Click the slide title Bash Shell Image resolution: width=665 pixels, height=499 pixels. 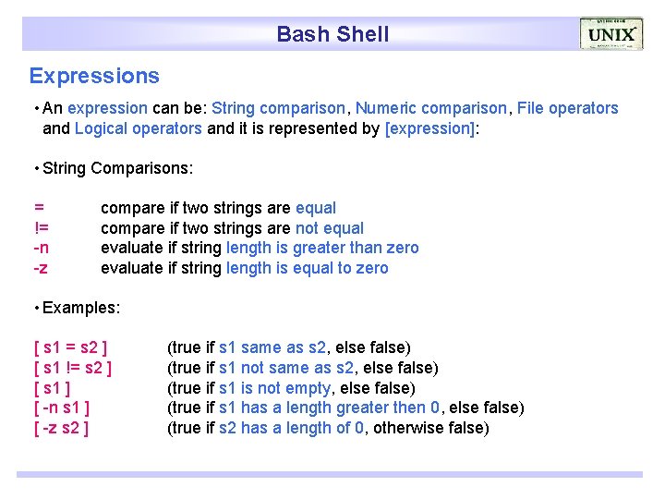(x=332, y=35)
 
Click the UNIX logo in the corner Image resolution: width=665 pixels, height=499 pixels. (x=611, y=34)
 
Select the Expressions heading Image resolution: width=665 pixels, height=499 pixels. (x=94, y=76)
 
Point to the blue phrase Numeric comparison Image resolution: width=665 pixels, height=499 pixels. (x=431, y=108)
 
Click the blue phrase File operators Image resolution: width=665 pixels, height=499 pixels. (x=567, y=108)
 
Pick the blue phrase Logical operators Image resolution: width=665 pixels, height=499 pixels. (x=138, y=128)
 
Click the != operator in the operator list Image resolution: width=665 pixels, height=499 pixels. (x=42, y=228)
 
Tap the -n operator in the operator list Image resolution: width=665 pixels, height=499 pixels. (x=42, y=248)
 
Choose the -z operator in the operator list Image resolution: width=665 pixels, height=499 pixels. (x=42, y=268)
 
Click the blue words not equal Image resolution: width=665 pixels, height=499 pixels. (x=330, y=228)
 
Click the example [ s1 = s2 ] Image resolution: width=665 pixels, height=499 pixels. (x=69, y=347)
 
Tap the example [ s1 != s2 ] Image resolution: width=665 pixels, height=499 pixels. (x=73, y=368)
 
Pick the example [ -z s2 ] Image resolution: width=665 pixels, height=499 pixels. (x=61, y=428)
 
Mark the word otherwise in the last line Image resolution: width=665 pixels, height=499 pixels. (x=406, y=428)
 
